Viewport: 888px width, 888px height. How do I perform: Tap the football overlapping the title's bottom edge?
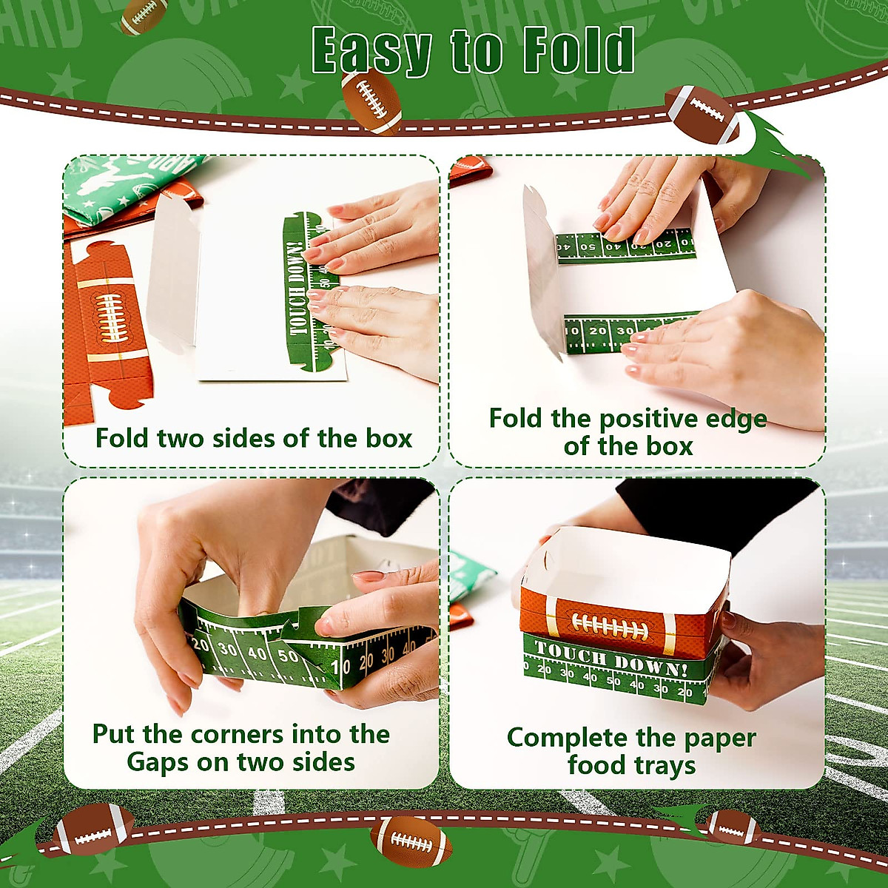[x=371, y=100]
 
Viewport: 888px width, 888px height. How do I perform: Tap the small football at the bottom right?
[x=733, y=827]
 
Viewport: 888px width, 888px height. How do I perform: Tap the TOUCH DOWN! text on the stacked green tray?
[x=610, y=658]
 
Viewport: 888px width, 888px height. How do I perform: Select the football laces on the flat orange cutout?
[x=110, y=317]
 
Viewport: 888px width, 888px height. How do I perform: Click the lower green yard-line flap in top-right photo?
[x=629, y=331]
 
